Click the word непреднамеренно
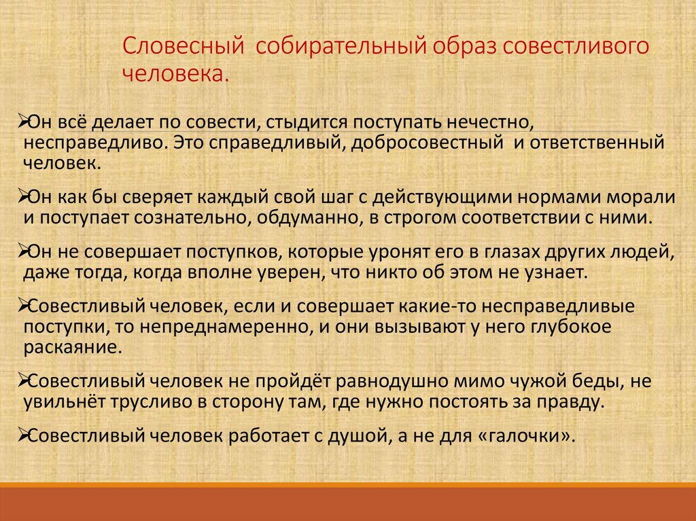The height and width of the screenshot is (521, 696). [226, 327]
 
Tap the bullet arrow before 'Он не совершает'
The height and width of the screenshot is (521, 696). [20, 251]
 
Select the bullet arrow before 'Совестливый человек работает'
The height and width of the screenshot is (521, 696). [20, 435]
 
